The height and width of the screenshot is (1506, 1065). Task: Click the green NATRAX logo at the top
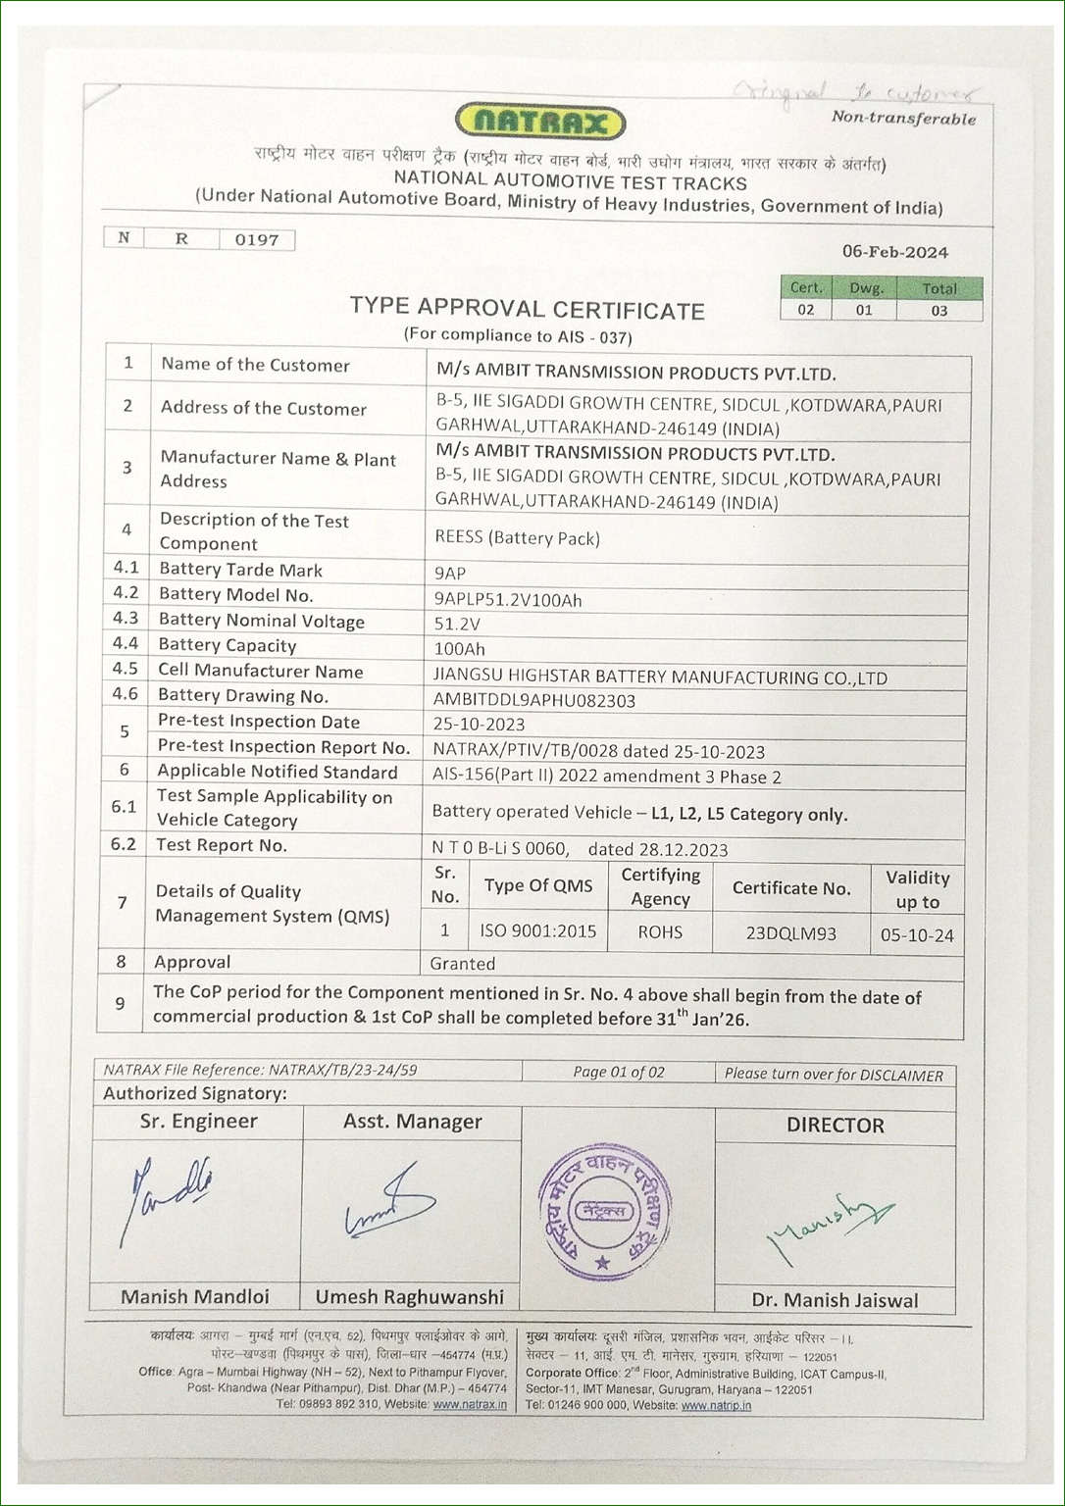pyautogui.click(x=540, y=123)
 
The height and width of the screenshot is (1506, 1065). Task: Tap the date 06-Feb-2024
pyautogui.click(x=894, y=252)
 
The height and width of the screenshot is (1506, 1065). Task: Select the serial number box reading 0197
pyautogui.click(x=256, y=239)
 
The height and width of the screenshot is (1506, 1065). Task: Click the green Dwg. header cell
pyautogui.click(x=864, y=288)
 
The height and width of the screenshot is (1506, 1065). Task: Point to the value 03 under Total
pyautogui.click(x=938, y=310)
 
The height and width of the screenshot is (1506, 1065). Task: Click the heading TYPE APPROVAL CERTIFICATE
pyautogui.click(x=527, y=310)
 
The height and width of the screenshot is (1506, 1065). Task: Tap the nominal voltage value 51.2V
pyautogui.click(x=457, y=624)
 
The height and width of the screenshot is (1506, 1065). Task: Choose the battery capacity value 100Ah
pyautogui.click(x=459, y=649)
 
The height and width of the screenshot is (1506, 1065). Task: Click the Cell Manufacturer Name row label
pyautogui.click(x=260, y=672)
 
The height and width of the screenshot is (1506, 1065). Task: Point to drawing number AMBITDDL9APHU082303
pyautogui.click(x=533, y=700)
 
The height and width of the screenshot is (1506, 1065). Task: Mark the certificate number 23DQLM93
pyautogui.click(x=790, y=933)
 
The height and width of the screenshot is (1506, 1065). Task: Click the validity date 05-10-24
pyautogui.click(x=916, y=935)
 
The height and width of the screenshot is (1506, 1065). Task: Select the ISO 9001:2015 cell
pyautogui.click(x=537, y=931)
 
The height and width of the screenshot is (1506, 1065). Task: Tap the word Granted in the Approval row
pyautogui.click(x=462, y=964)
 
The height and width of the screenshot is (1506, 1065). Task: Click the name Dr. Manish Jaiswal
pyautogui.click(x=835, y=1300)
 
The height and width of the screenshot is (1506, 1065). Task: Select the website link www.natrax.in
pyautogui.click(x=470, y=1404)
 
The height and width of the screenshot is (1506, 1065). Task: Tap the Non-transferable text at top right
pyautogui.click(x=903, y=119)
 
